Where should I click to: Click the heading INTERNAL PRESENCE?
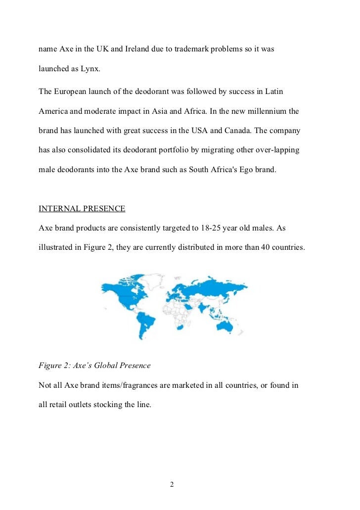[x=82, y=209]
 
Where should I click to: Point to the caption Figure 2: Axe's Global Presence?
[x=94, y=366]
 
